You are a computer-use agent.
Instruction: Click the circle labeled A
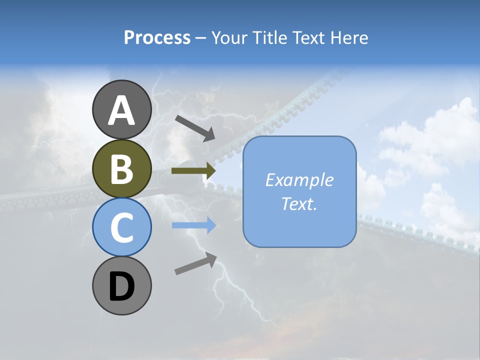click(x=121, y=109)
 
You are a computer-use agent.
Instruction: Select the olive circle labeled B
click(x=121, y=168)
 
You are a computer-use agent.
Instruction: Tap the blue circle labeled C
click(x=121, y=227)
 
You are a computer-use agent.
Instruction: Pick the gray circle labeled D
click(x=121, y=285)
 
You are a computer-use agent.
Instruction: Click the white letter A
click(x=121, y=110)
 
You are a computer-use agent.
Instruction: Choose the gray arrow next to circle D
click(x=195, y=264)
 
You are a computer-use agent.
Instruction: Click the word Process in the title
click(x=157, y=37)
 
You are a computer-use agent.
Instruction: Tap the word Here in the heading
click(x=350, y=37)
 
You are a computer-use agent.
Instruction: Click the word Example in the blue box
click(x=299, y=180)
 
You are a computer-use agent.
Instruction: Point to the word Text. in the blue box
click(x=299, y=204)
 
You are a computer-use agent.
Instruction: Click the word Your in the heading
click(x=228, y=37)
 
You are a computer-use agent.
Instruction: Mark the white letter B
click(x=121, y=169)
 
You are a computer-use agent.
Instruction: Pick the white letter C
click(x=121, y=228)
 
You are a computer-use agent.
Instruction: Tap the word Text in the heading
click(x=310, y=37)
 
